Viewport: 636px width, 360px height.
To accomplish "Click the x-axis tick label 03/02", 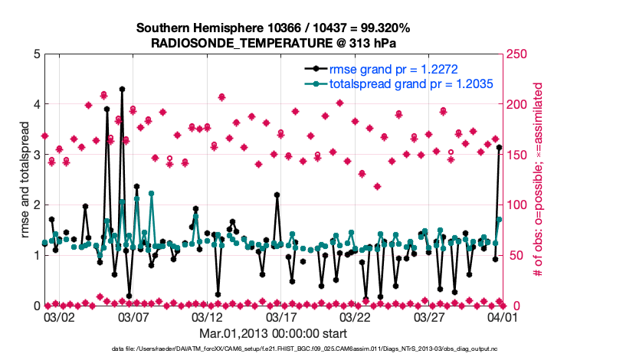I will [x=59, y=316].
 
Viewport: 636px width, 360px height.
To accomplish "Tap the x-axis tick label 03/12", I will [x=207, y=316].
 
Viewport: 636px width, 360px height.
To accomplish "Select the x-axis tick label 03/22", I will [x=356, y=316].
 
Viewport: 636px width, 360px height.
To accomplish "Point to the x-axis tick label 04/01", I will [x=503, y=316].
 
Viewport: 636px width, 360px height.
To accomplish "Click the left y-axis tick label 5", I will [x=37, y=54].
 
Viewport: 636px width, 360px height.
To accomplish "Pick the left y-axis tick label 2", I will [x=37, y=205].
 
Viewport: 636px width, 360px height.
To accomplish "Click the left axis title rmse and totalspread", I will [x=24, y=180].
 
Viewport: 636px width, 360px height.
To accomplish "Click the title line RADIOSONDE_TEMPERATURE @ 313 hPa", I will [x=274, y=43].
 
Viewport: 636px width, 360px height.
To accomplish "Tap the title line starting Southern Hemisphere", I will [x=274, y=28].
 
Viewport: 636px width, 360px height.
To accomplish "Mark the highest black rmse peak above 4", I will [x=122, y=89].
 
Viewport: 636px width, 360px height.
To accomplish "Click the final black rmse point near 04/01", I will [x=500, y=147].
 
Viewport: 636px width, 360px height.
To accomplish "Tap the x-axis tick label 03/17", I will [x=281, y=316].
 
